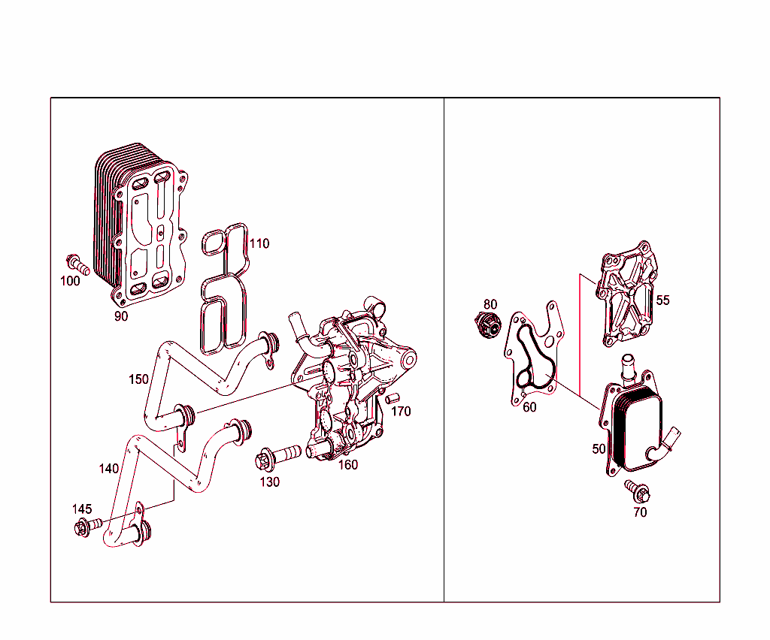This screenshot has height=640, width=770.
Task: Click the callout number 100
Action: point(70,281)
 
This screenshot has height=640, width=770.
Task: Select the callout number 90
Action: point(121,316)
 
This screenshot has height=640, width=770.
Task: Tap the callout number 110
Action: point(259,244)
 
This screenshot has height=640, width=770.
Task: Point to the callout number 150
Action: point(138,379)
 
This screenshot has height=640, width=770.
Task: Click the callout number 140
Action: point(108,469)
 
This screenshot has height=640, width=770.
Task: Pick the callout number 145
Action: point(82,509)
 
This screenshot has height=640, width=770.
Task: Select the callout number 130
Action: point(269,482)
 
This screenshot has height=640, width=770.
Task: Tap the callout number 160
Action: point(347,465)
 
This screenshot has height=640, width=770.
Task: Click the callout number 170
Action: point(401,412)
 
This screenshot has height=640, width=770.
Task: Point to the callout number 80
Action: point(490,304)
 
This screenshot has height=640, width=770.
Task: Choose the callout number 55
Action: point(662,300)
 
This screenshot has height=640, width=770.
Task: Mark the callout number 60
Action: point(529,407)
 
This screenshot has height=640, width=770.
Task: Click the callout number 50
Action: point(599,448)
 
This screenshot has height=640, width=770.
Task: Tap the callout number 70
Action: point(640,512)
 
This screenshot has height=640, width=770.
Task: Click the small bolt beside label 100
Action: point(77,264)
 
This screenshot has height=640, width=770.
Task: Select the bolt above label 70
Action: point(638,493)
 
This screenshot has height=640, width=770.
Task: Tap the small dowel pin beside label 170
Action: point(391,397)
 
